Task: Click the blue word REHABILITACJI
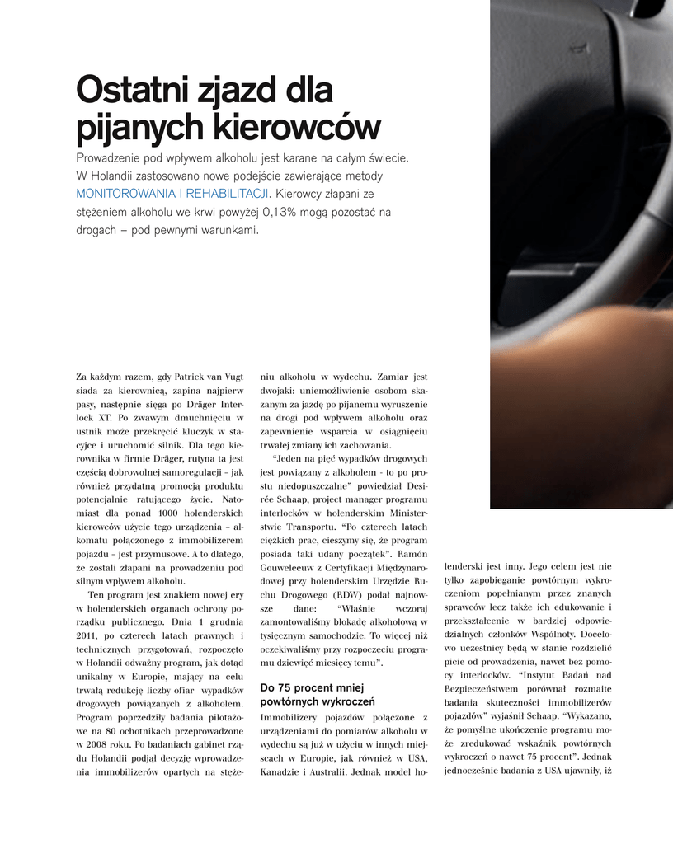pos(228,195)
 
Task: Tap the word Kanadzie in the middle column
pos(280,771)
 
